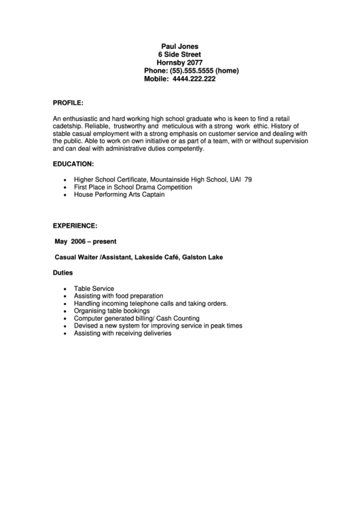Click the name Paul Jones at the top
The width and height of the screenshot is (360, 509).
coord(179,46)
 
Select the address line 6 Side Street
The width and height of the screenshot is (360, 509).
coord(179,54)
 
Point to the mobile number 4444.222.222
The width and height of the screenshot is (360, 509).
coord(194,79)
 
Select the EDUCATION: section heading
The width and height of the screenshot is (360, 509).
coord(73,164)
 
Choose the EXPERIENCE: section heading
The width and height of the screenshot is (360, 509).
coord(75,224)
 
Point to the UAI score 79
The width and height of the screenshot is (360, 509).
coord(248,179)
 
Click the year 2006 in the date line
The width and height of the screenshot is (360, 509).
coord(80,241)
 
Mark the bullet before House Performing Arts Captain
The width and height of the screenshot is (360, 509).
coord(65,194)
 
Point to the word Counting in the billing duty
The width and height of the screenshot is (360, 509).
coord(182,319)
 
